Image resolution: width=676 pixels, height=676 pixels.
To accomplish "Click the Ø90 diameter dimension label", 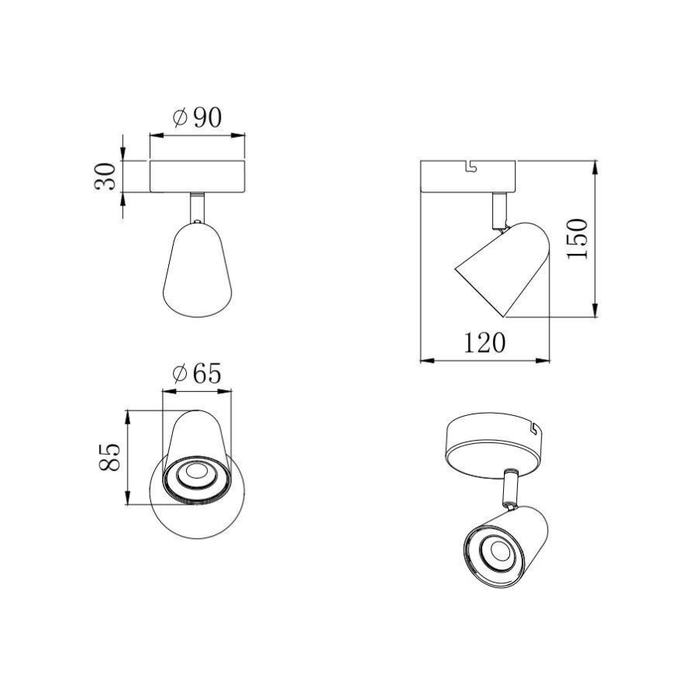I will click(x=196, y=118).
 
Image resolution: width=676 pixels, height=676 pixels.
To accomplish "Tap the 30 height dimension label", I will click(x=107, y=176).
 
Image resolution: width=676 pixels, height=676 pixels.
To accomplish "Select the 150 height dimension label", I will click(x=577, y=239).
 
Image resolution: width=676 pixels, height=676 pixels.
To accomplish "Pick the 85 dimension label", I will click(x=110, y=457).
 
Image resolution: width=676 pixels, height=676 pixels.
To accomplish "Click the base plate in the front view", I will click(x=197, y=177).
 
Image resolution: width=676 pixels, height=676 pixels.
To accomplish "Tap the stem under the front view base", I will click(x=197, y=208).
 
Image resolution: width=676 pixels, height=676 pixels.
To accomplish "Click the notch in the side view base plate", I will click(x=469, y=165).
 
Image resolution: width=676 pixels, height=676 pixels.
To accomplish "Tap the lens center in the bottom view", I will click(x=193, y=473).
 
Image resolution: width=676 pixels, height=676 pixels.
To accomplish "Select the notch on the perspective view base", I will click(x=534, y=427).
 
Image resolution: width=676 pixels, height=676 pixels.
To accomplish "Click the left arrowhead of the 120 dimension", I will click(x=425, y=360).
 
